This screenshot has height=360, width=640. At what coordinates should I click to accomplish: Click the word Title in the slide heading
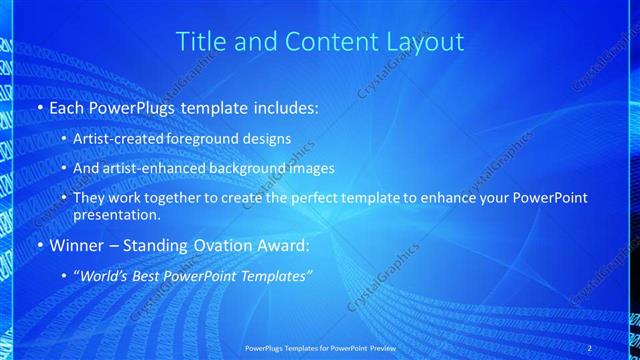[x=199, y=42]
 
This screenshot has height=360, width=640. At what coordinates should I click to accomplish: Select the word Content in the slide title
[x=319, y=42]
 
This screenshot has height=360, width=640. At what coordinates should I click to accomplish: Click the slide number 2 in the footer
[x=590, y=347]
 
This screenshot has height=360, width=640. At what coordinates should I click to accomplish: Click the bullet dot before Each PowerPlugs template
[x=39, y=105]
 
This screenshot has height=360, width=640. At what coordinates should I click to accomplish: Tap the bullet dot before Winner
[x=39, y=245]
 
